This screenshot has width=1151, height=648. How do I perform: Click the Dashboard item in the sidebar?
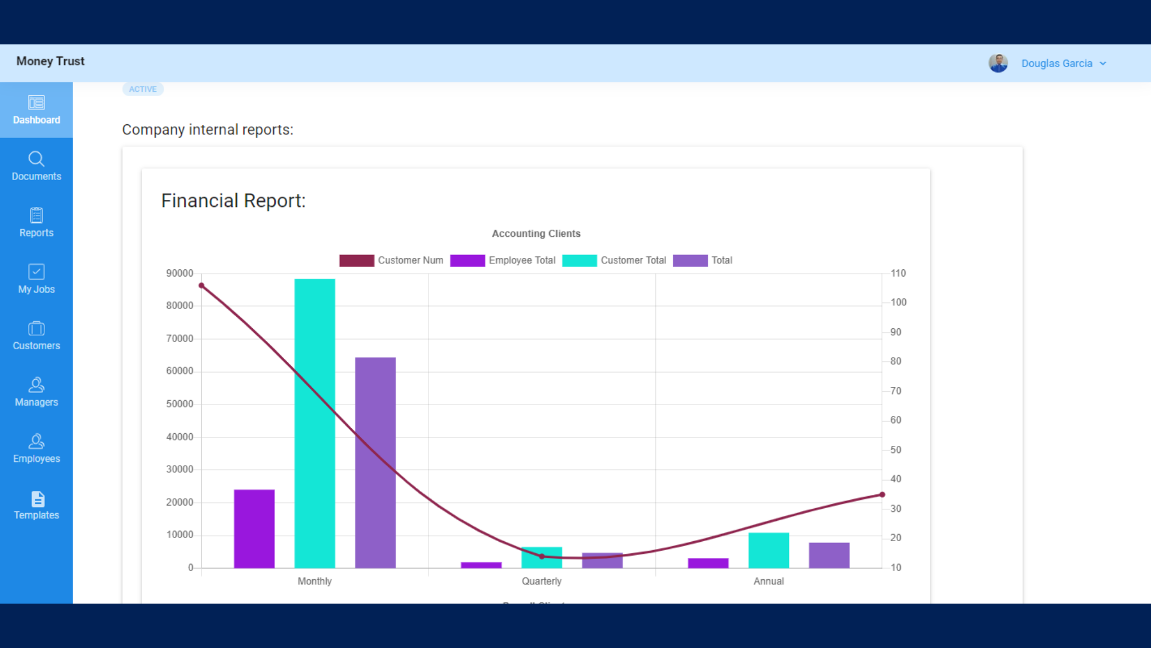pos(36,110)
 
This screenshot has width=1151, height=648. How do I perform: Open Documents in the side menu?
pos(36,167)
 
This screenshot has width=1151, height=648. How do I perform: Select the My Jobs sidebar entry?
pos(36,280)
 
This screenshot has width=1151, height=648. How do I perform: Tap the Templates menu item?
pos(36,506)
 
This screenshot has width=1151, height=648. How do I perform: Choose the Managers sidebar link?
pos(36,393)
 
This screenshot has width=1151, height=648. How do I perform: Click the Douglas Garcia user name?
pos(1056,64)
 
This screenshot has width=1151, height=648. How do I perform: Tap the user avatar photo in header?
pos(998,63)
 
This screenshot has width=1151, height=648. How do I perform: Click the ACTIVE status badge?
pos(143,89)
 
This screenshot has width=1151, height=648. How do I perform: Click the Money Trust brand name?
pos(50,61)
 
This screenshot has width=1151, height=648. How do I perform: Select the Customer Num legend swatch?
pos(357,260)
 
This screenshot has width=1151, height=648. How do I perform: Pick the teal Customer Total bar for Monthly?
pos(315,423)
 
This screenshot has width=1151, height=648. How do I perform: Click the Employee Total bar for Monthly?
pos(254,529)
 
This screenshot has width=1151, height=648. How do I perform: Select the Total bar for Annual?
pos(829,555)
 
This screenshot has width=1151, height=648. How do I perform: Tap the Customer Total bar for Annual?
pos(769,550)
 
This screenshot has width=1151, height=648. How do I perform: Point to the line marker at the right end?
pos(882,495)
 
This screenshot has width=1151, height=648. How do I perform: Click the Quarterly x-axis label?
pos(541,581)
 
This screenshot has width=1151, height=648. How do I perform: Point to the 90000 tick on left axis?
pos(179,274)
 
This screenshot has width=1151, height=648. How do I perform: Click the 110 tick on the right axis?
pos(898,274)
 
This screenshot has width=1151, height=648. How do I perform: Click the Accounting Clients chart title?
pos(536,233)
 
